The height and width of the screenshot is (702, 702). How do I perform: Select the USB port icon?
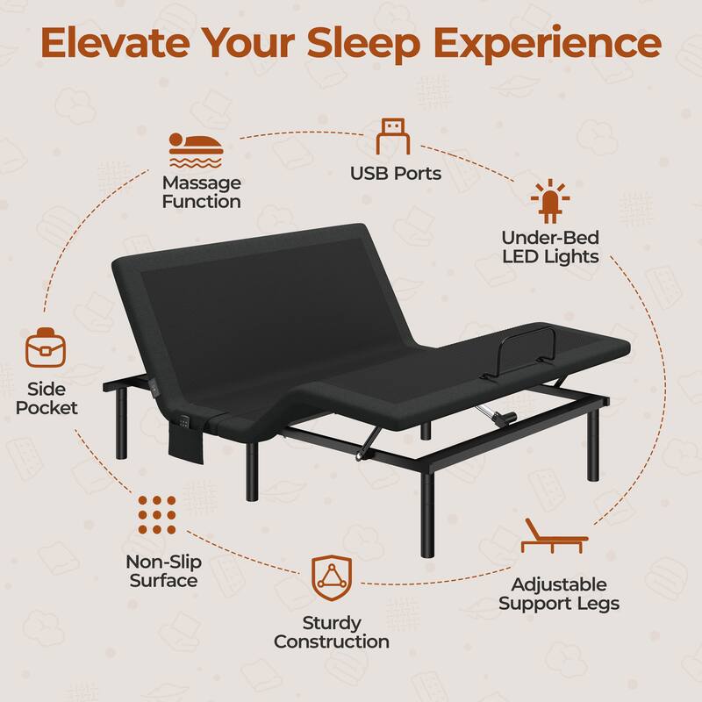coord(395,137)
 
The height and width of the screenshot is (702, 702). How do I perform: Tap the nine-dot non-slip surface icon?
coord(158,514)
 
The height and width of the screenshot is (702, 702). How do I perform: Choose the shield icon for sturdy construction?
coord(331,577)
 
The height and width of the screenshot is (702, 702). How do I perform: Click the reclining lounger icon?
coord(553,536)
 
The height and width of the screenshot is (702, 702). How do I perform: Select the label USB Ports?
coord(395,173)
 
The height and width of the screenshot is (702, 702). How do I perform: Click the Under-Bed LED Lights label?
coord(550,247)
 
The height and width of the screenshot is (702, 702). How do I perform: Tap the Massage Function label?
coord(201,192)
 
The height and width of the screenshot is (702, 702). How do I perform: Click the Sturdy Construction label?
coord(331,632)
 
